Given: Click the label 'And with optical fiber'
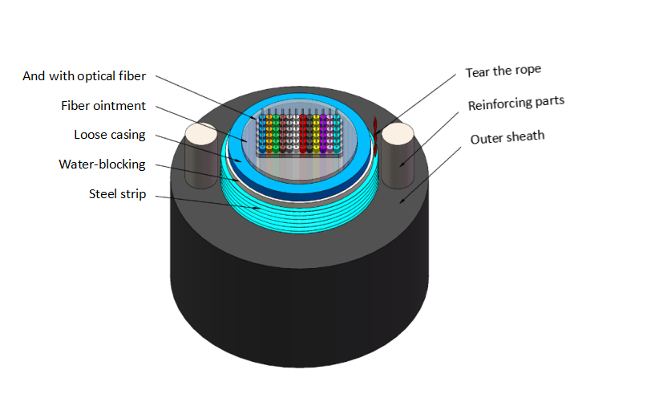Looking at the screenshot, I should [x=84, y=77].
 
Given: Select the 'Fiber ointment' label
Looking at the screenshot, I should [x=103, y=106].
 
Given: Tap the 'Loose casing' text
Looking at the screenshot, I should [x=109, y=135].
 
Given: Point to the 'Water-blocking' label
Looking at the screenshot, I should [x=102, y=164].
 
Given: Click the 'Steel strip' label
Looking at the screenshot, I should [x=117, y=193].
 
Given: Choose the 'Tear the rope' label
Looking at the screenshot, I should [x=503, y=71].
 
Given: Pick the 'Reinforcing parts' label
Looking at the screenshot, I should [x=516, y=104].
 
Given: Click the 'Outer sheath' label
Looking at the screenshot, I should [x=507, y=137].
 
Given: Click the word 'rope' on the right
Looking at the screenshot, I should [x=527, y=70].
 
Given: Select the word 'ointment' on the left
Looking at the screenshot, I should [x=120, y=106].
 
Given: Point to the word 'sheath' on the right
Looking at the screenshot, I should [x=524, y=136].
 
